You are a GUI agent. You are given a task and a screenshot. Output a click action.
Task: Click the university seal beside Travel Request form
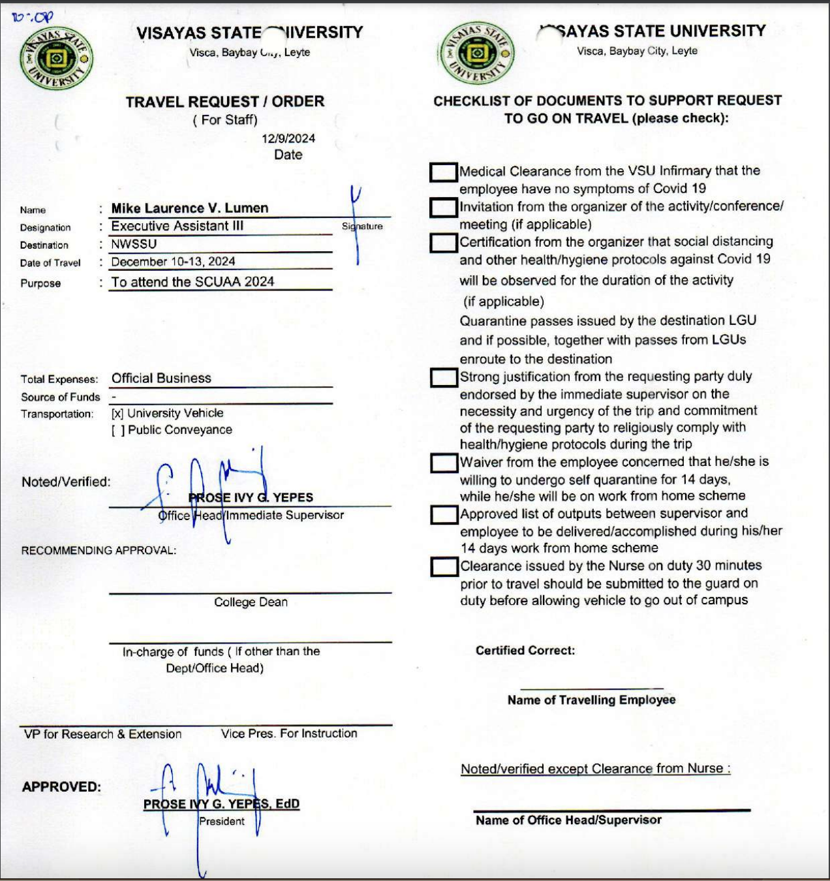56,59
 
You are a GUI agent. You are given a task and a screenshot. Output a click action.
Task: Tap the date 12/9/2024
288,138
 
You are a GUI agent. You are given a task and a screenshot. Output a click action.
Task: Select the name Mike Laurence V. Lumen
190,208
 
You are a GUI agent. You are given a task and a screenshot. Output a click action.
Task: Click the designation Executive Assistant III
177,226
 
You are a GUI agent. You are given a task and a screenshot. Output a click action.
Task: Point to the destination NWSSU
134,244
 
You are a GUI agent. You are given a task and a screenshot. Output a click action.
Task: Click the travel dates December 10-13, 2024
173,262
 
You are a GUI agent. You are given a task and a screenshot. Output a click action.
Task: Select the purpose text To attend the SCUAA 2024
192,282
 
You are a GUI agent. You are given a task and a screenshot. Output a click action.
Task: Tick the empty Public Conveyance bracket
117,430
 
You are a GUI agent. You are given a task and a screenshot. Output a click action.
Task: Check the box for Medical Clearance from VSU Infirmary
444,172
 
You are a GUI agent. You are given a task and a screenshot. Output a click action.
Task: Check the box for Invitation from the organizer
444,208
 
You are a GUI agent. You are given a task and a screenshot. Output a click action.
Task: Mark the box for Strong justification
444,378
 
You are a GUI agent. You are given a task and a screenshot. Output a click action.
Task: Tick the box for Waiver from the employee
444,463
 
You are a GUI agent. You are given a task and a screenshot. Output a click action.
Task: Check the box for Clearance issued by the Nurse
444,566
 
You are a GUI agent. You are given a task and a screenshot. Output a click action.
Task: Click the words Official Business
161,379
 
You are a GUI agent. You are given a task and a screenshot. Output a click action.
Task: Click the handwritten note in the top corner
32,17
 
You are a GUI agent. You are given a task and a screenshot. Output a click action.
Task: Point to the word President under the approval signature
222,821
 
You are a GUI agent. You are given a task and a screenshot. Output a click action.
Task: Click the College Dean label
251,602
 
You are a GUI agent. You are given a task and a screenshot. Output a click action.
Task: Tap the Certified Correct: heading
525,651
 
